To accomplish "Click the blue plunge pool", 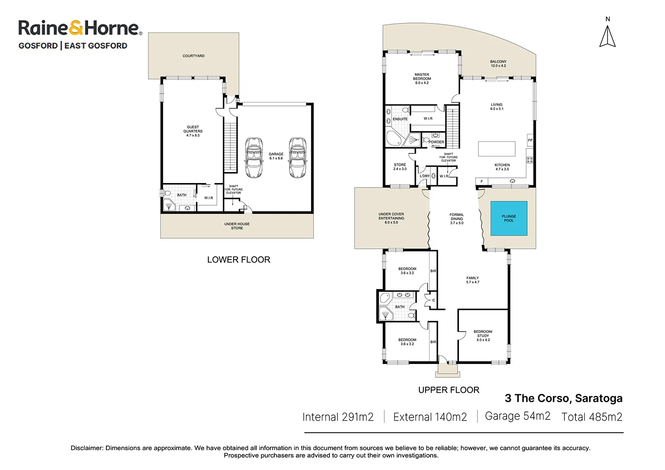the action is [x=509, y=218].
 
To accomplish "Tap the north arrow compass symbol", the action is [x=607, y=36].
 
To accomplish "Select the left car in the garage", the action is [x=254, y=157].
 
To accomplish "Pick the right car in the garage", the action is [x=297, y=157].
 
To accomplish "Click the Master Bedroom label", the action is [x=422, y=78].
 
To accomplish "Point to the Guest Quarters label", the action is [x=193, y=131].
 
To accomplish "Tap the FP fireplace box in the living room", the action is [x=530, y=140].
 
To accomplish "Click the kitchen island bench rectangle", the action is [x=497, y=149].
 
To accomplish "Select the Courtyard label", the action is [x=194, y=56].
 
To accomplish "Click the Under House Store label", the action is [x=237, y=226].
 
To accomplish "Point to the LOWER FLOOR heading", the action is [x=239, y=259].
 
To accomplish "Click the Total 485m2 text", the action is [x=592, y=417].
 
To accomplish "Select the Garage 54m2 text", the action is [x=518, y=416].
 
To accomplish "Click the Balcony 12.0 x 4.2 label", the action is [x=498, y=63].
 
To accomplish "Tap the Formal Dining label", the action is [x=457, y=219].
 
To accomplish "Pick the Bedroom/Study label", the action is [x=483, y=336].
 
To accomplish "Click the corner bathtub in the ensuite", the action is [x=394, y=138].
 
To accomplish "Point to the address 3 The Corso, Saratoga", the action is [x=563, y=398].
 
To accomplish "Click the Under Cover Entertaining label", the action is [x=391, y=218].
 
